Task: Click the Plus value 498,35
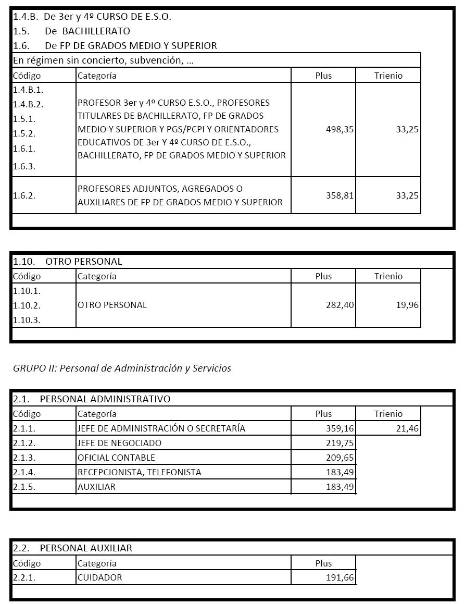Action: point(340,129)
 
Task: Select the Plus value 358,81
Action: point(340,195)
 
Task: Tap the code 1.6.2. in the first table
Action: point(24,195)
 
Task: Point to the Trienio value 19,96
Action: point(407,305)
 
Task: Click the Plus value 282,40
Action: point(340,305)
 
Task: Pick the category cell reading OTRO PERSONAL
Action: point(112,305)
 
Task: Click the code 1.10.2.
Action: point(27,305)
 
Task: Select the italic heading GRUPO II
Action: point(122,368)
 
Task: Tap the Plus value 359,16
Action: point(340,428)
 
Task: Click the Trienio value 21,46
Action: point(407,428)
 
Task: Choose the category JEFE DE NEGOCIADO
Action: point(119,443)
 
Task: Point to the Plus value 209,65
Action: point(340,458)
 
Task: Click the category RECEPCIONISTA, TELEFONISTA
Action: point(139,472)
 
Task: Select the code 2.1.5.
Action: point(24,487)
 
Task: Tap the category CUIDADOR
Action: point(99,577)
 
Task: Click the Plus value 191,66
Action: point(340,577)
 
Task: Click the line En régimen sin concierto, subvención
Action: point(103,60)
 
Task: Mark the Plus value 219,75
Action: point(340,443)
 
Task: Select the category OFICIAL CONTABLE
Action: point(116,458)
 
